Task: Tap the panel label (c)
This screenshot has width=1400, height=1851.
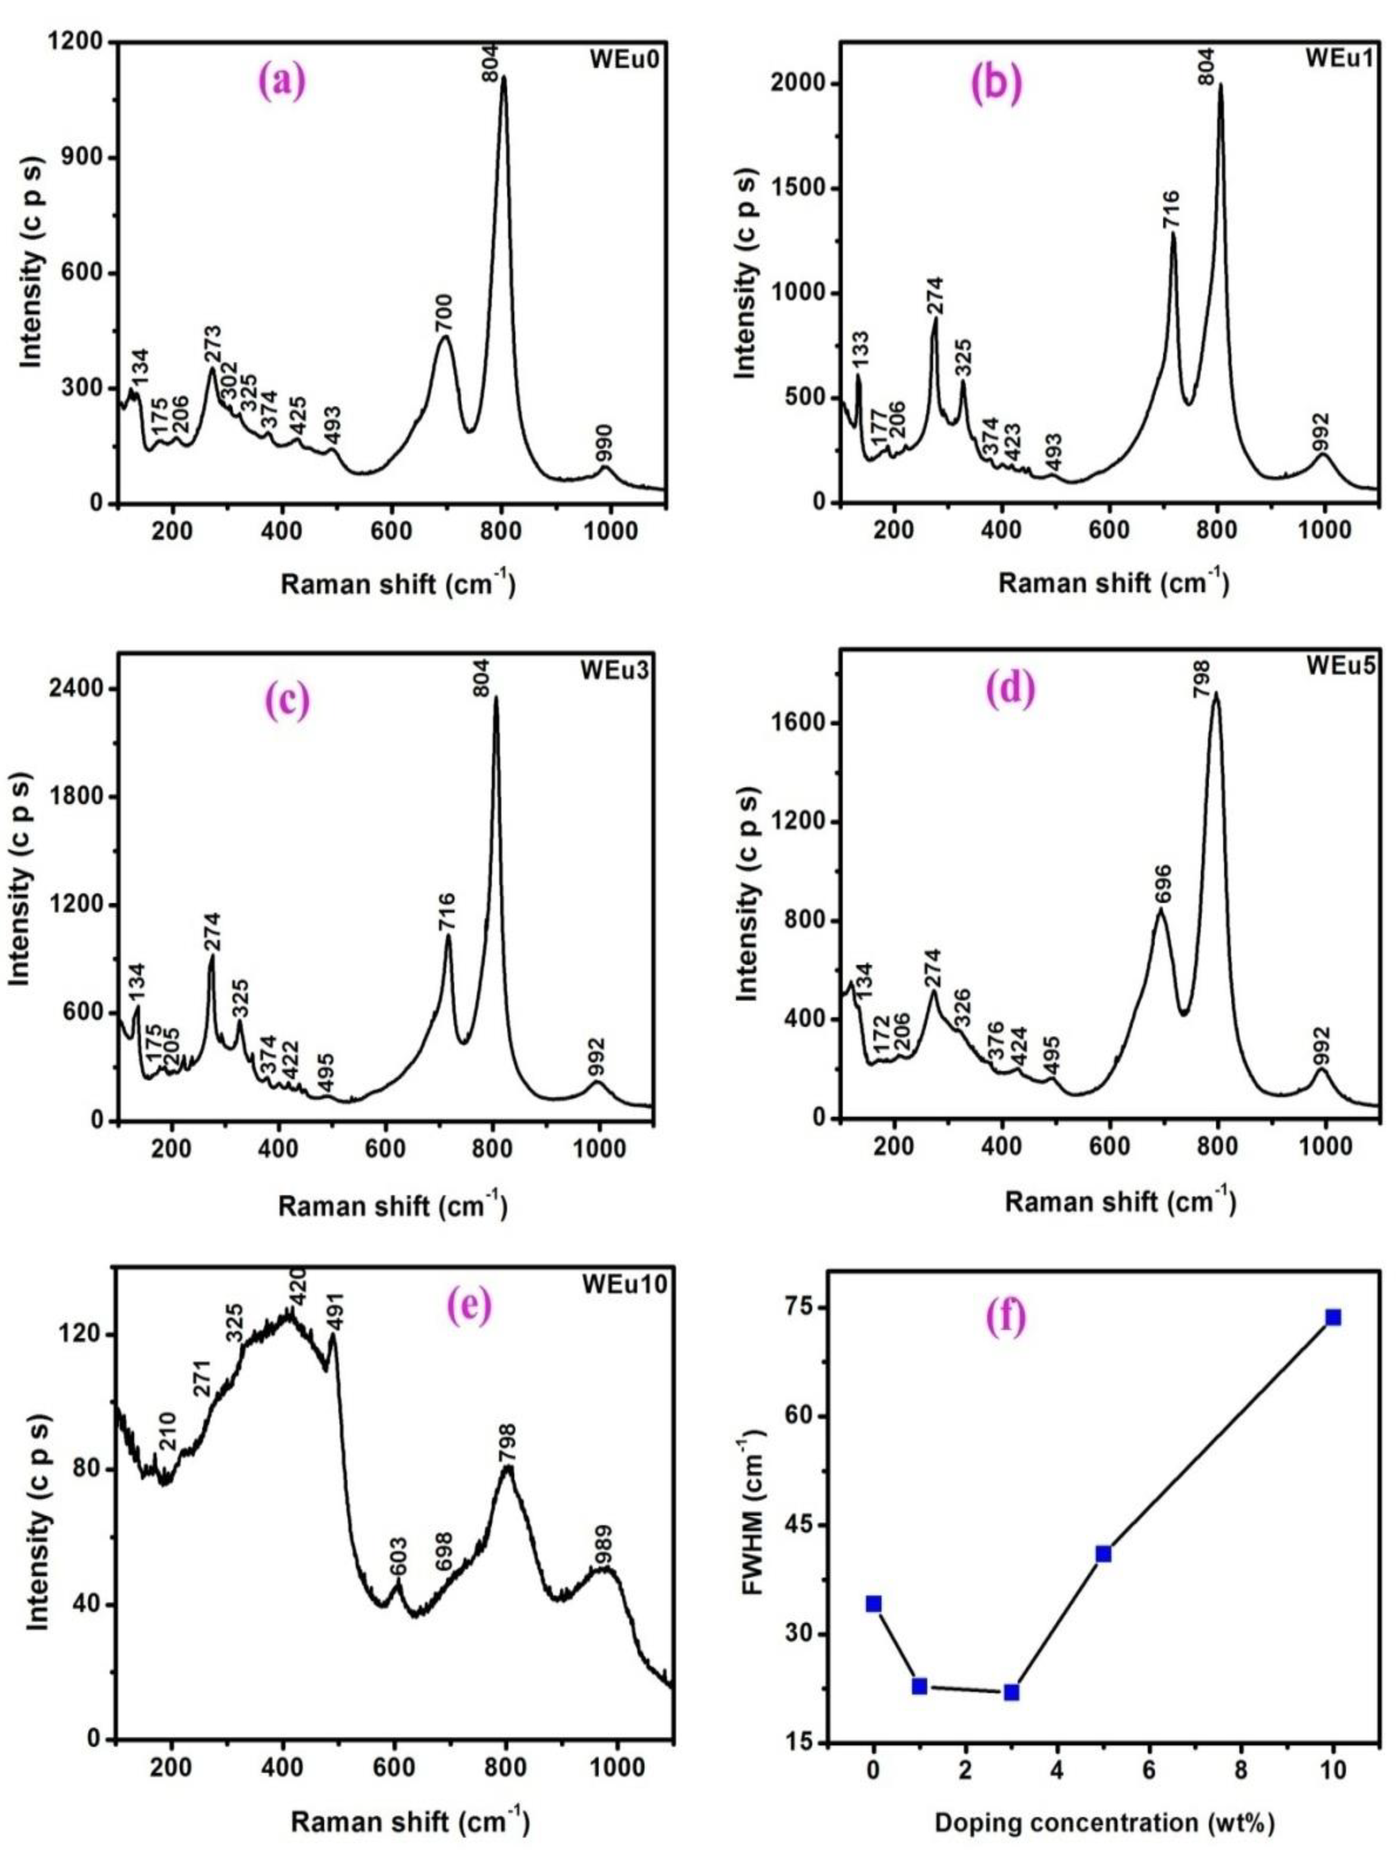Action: click(284, 701)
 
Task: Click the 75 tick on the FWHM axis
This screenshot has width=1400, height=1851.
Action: click(808, 1307)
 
